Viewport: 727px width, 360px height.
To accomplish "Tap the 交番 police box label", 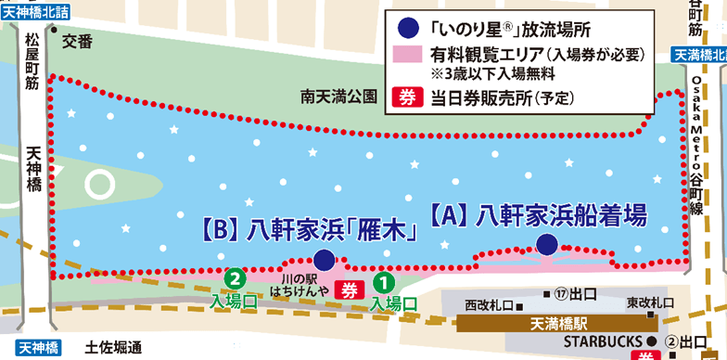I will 80,41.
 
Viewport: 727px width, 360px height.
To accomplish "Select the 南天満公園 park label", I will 340,96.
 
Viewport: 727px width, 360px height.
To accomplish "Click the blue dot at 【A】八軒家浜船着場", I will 547,244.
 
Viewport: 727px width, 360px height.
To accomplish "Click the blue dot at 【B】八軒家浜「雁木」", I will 324,260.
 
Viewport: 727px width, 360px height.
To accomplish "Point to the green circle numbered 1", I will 381,279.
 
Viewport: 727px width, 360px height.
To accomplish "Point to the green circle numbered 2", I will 236,276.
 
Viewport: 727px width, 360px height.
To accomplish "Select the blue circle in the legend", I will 406,28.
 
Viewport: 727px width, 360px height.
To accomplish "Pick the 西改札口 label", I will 488,304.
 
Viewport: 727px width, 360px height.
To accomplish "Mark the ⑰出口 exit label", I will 574,296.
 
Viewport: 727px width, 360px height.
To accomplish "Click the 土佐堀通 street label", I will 110,348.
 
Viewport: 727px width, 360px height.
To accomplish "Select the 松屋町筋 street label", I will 33,64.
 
